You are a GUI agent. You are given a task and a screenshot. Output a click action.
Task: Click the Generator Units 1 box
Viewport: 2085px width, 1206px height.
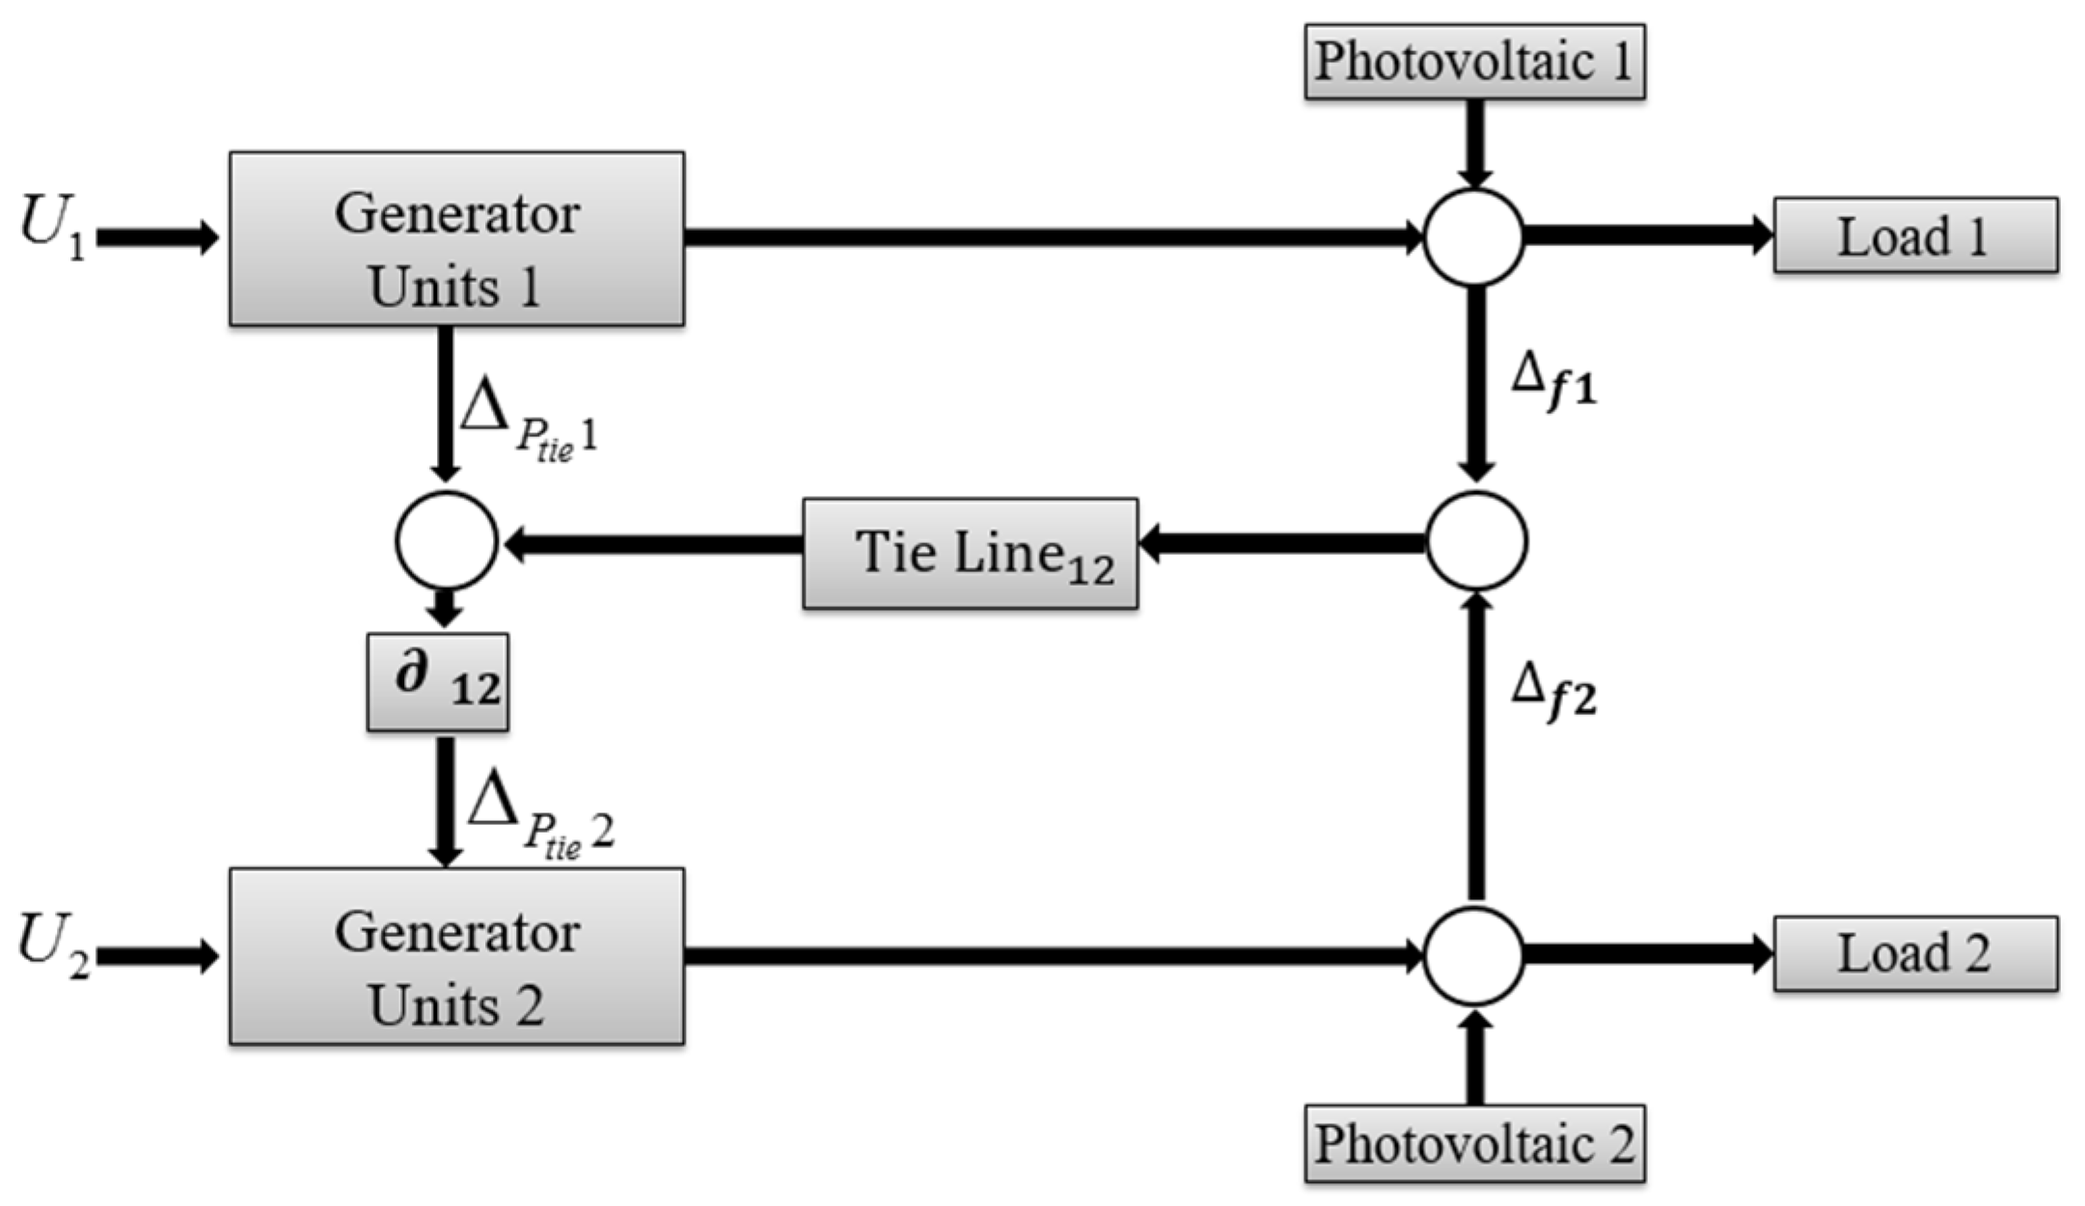[456, 238]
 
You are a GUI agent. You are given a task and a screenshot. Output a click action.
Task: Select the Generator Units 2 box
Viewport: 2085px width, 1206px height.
[456, 956]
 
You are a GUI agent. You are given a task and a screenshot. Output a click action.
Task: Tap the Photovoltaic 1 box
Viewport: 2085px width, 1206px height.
[1474, 62]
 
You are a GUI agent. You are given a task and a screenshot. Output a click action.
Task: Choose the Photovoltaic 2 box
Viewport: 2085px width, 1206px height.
[1474, 1144]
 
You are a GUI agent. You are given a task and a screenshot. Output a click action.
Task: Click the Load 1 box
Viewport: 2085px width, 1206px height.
[1915, 235]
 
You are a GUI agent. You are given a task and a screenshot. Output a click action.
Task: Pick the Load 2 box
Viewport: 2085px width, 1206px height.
[1915, 953]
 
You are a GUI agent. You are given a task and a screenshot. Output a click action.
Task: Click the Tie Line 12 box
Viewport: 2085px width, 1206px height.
[970, 553]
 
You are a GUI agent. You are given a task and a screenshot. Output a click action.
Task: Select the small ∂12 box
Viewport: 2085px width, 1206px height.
[437, 681]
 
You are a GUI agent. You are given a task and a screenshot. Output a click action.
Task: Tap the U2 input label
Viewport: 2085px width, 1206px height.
[53, 946]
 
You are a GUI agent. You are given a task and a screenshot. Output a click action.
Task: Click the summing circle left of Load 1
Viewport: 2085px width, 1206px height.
[1473, 237]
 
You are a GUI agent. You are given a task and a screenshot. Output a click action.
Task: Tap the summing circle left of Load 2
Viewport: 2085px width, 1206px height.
[1473, 955]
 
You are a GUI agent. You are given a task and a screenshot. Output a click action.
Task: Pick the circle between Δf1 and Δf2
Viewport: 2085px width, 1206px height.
[1476, 540]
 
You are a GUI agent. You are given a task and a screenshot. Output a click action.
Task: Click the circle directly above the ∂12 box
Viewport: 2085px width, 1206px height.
[446, 540]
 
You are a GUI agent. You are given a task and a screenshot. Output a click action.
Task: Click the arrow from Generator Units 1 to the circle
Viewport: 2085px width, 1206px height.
[1052, 237]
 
